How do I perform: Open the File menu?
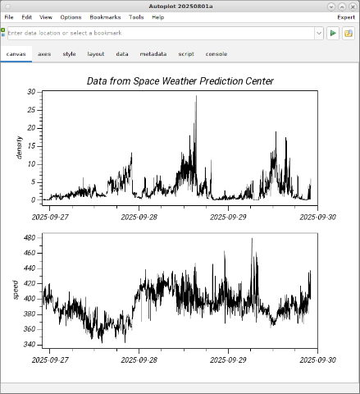coord(9,17)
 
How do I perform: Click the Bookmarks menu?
coord(105,17)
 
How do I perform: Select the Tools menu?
coord(136,17)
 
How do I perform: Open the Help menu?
coord(158,17)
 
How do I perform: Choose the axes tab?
coord(44,54)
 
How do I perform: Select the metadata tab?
coord(153,54)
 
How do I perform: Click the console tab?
coord(216,54)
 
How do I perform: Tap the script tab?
coord(186,54)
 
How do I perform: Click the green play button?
coord(333,33)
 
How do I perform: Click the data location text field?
coord(161,33)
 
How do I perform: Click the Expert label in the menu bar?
coord(346,17)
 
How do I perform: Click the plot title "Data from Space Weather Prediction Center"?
coord(180,81)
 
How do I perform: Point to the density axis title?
coord(19,148)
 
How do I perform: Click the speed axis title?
coord(16,290)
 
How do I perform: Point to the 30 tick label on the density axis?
coord(31,92)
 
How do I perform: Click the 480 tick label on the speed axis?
coord(30,238)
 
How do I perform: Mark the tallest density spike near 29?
coord(196,96)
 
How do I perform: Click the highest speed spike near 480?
coord(252,239)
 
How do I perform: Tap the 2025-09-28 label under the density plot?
coord(139,218)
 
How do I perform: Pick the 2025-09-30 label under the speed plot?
coord(317,360)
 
